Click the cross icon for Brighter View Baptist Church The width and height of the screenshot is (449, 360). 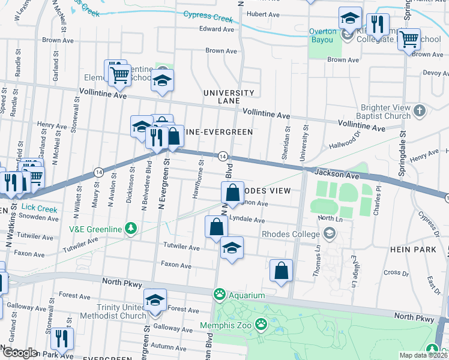point(420,110)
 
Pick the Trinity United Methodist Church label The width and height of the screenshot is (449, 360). point(116,311)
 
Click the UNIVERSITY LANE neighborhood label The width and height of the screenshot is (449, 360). point(229,98)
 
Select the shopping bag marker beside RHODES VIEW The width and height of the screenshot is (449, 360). point(232,194)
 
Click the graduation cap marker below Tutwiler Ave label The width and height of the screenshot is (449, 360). point(232,248)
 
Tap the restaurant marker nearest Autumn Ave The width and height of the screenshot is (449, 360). point(62,339)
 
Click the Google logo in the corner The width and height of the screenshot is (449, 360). point(19,353)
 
